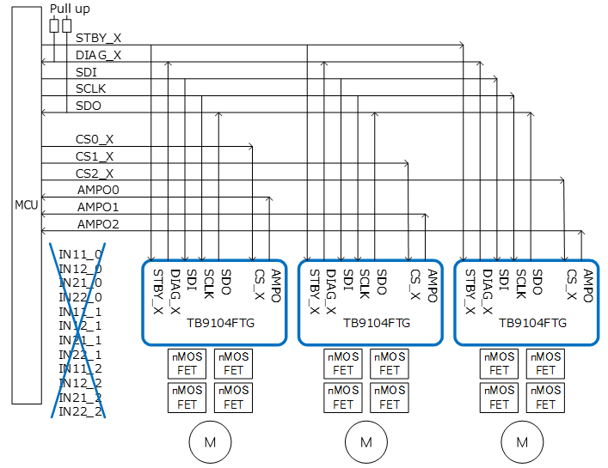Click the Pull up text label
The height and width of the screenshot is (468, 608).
(69, 9)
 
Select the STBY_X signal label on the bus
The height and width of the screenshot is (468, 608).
(98, 39)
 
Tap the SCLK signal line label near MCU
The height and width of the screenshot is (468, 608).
(91, 88)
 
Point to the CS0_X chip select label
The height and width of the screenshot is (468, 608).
(95, 139)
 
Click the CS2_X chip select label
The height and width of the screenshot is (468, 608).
(95, 173)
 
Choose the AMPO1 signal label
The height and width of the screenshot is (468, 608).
(98, 207)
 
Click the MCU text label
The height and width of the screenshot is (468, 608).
(26, 205)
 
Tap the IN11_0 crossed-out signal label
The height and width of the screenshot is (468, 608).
(80, 255)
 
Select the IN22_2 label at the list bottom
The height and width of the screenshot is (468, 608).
(80, 410)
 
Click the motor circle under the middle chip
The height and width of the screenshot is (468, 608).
(365, 443)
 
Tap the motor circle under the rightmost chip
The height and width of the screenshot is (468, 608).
(522, 443)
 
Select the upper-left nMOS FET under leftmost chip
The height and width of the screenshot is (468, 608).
(187, 364)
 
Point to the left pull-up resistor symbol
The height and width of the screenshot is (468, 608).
(55, 26)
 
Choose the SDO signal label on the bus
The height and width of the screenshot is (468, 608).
(88, 106)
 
